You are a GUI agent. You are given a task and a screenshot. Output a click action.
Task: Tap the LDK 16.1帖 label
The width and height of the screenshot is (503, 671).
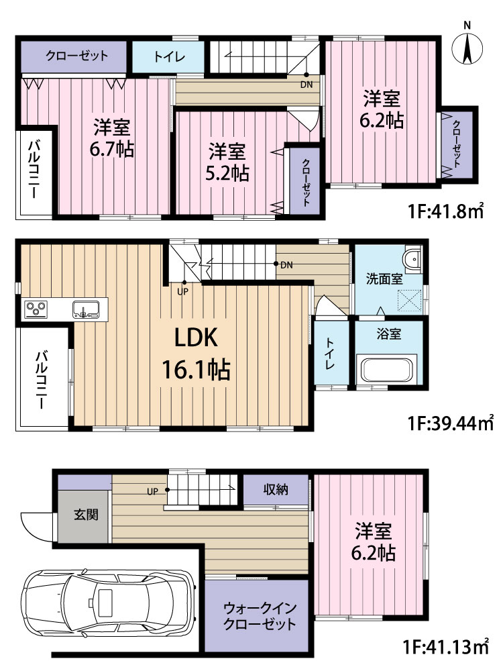pos(197,354)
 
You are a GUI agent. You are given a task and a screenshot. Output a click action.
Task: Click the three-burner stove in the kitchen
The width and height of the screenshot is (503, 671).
pos(36,309)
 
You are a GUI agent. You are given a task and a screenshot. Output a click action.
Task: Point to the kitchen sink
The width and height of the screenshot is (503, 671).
pos(86,309)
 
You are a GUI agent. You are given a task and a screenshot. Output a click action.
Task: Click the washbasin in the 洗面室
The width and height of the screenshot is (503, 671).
pos(412,258)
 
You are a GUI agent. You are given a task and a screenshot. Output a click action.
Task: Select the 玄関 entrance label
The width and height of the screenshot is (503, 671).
pos(87,514)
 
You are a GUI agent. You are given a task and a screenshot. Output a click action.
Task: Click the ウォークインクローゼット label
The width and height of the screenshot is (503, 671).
pos(260,615)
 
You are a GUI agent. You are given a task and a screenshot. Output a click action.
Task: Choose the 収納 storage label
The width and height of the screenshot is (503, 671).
pos(276,489)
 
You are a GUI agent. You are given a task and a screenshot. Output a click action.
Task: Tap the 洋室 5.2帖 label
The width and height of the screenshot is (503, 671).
pos(227,162)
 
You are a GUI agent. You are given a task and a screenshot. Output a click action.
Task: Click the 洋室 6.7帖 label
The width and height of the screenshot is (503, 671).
pos(111,138)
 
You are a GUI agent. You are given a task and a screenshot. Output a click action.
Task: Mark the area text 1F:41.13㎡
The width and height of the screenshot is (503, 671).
pos(446,646)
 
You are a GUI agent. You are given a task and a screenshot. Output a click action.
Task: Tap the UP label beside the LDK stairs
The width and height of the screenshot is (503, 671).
pos(182,293)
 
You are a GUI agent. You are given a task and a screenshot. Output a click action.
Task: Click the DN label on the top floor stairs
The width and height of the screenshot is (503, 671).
pos(306,85)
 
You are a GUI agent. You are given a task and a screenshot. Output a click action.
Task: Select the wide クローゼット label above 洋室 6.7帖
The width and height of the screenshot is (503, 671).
pos(77,56)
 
